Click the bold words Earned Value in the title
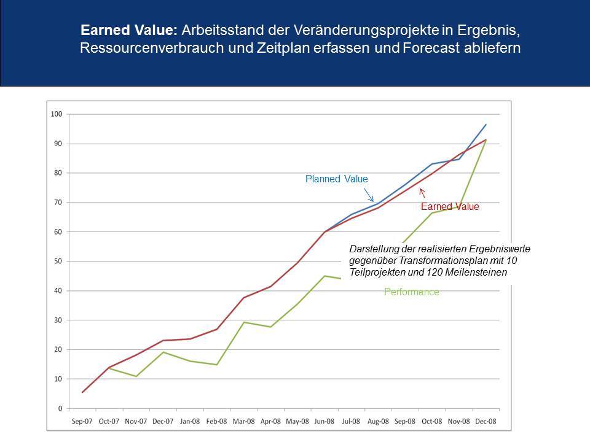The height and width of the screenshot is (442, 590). point(128,30)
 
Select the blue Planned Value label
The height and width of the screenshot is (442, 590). point(336,179)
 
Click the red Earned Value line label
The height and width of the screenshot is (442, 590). point(450,206)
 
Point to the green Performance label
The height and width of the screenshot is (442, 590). point(412,292)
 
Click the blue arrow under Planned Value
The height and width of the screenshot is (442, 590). point(369,195)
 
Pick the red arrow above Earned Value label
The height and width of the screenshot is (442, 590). point(422,193)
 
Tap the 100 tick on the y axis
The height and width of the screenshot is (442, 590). point(57,114)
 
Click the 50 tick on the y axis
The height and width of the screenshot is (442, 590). point(58,262)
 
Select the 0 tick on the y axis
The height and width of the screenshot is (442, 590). point(60,409)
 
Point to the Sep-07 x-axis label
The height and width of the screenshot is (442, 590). point(82,421)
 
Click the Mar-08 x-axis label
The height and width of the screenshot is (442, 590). point(244,421)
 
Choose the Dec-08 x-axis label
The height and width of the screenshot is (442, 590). point(486,421)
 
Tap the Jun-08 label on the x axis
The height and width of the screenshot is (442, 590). point(324,421)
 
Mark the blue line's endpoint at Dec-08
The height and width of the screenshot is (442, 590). point(486,125)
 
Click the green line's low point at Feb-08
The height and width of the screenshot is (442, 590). point(217,365)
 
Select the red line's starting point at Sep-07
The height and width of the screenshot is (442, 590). point(82,392)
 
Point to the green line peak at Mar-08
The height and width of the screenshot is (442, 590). point(244,322)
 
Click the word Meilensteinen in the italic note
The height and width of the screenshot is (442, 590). point(476,272)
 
